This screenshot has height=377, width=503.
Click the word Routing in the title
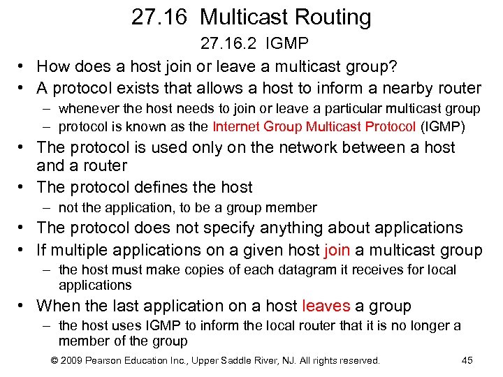click(329, 17)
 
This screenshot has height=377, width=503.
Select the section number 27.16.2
click(227, 45)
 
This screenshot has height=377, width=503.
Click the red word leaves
click(326, 306)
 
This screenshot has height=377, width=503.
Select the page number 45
click(467, 360)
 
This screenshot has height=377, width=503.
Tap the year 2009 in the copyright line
click(74, 360)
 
